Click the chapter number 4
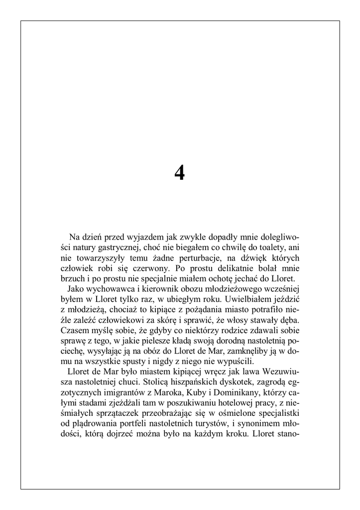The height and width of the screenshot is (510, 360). [x=180, y=173]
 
